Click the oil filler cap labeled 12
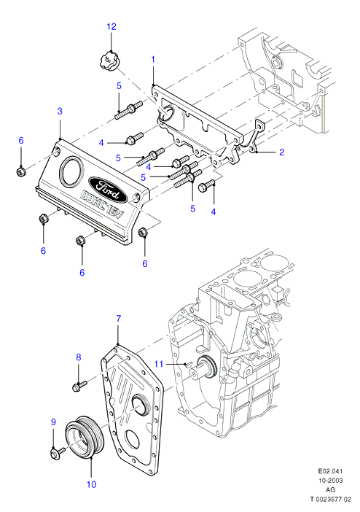tap(108, 63)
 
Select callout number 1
tap(153, 60)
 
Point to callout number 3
tap(60, 111)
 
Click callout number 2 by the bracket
tap(282, 152)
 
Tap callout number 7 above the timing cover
tap(119, 319)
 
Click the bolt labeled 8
tap(79, 385)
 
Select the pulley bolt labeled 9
tap(58, 453)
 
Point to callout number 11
tap(158, 363)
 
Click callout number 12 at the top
tap(111, 26)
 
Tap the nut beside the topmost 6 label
tap(21, 171)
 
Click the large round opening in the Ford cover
tap(71, 171)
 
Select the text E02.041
tap(330, 471)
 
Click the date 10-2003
tap(330, 481)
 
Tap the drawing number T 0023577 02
tap(330, 500)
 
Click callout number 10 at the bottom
tap(91, 484)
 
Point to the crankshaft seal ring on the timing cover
tap(140, 406)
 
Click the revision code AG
tap(330, 490)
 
